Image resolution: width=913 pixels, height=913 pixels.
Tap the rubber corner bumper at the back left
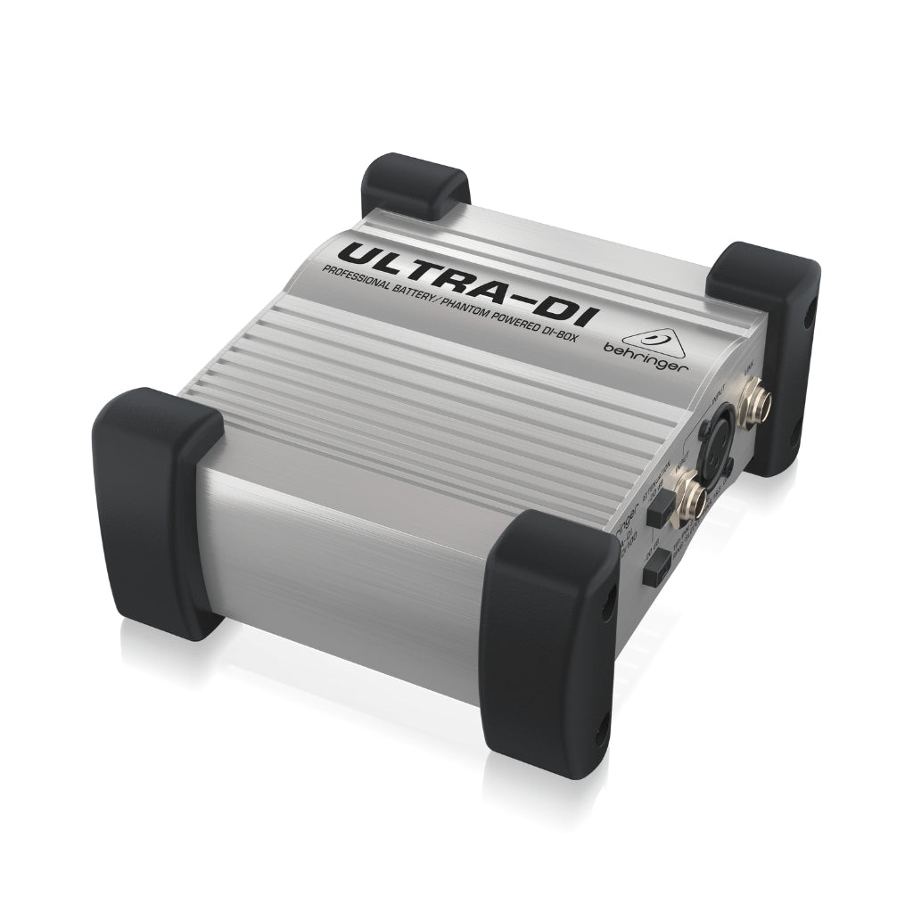415,185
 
